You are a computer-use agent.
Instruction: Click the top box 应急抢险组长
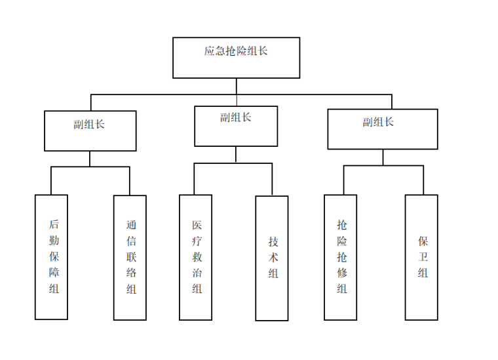[x=236, y=57]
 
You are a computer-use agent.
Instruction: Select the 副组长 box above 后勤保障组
[x=90, y=130]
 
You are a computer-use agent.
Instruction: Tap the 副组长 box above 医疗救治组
[x=236, y=126]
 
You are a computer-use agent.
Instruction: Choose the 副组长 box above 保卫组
[x=383, y=129]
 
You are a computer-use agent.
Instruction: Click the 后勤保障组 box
[x=51, y=257]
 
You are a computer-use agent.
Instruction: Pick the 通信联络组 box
[x=130, y=257]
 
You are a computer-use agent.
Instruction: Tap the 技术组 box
[x=272, y=258]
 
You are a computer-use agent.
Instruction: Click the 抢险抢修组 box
[x=341, y=257]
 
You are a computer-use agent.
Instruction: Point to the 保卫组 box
[x=421, y=257]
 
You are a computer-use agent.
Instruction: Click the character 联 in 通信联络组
[x=131, y=257]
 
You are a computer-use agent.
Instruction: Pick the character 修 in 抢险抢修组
[x=341, y=273]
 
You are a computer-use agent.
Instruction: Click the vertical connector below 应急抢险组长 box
[x=236, y=86]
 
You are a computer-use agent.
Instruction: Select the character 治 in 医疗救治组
[x=197, y=273]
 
